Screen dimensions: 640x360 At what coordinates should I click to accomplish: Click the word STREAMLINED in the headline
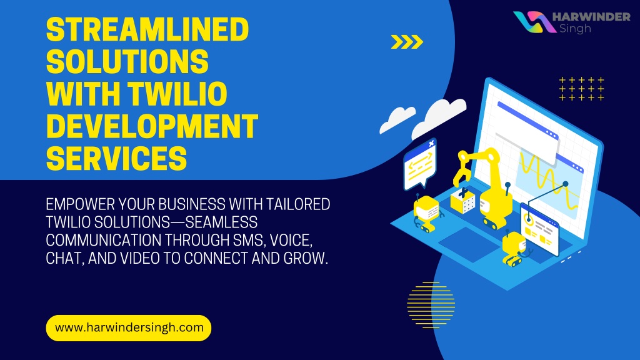[147, 29]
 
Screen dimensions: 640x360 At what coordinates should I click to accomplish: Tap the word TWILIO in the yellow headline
[177, 94]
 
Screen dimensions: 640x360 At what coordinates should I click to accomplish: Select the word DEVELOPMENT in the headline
[152, 126]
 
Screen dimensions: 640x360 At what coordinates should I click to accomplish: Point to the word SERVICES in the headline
[116, 158]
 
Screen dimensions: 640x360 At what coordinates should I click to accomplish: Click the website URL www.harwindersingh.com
[129, 327]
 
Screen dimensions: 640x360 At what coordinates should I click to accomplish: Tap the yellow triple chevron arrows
[407, 42]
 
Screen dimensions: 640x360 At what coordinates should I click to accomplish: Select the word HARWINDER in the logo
[591, 17]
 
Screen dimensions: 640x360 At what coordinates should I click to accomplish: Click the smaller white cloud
[397, 119]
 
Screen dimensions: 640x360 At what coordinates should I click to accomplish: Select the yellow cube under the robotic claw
[463, 201]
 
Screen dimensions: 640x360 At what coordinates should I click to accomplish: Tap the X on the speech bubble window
[431, 143]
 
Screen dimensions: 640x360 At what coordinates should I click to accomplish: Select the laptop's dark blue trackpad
[469, 244]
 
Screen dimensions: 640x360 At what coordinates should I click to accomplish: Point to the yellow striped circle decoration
[431, 305]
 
